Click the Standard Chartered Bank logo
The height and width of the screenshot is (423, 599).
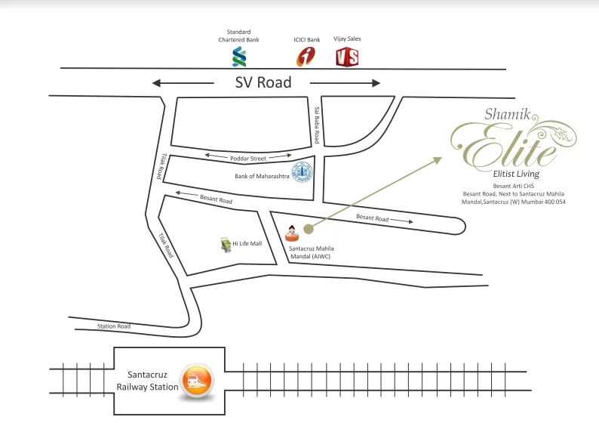239,57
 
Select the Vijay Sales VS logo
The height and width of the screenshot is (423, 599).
346,57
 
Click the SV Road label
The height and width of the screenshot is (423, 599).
263,82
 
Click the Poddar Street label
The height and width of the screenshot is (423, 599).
248,159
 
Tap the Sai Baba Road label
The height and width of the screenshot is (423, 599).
318,125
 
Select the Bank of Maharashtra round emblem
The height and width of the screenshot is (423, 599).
302,173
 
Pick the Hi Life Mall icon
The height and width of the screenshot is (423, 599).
225,245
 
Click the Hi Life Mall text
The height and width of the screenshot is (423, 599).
247,244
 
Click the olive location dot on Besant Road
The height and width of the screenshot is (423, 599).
308,228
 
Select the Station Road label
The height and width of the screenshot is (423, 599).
114,326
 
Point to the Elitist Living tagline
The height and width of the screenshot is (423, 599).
515,174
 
